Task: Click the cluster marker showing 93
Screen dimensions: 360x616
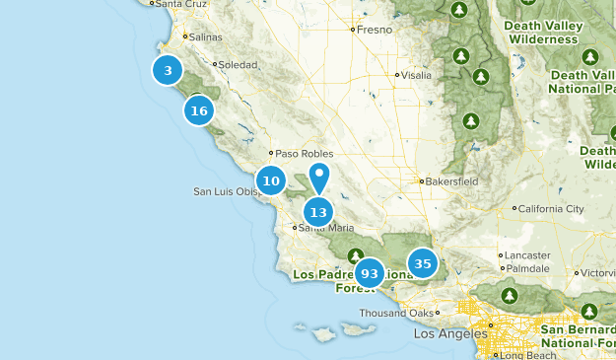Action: coord(370,273)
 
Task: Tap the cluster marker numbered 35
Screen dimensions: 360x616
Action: coord(423,263)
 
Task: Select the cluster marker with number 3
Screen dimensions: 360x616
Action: coord(169,70)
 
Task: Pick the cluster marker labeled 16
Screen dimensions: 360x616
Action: coord(199,110)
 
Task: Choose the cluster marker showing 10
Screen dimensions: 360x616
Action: coord(272,180)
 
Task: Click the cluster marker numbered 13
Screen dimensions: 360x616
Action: coord(317,212)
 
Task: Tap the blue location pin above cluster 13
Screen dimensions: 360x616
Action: coord(319,178)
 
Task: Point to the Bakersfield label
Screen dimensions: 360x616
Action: coord(451,181)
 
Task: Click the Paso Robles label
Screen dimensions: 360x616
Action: coord(304,154)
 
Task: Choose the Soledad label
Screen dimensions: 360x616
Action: coord(237,64)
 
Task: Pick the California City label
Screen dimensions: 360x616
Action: coord(552,209)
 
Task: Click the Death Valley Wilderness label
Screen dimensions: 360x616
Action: coord(539,32)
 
